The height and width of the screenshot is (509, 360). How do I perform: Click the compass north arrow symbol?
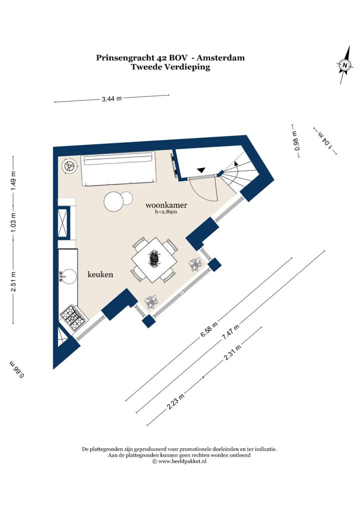coord(344,65)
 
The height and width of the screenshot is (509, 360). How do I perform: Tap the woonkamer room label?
coord(166,205)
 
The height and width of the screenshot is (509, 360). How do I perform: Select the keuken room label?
coord(100,274)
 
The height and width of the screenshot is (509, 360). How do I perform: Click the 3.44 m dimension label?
coord(111,98)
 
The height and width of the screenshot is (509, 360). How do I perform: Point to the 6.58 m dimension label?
coord(208,330)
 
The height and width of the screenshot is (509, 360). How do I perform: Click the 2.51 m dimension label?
coord(13,282)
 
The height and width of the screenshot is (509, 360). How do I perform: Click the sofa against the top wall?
coord(118,170)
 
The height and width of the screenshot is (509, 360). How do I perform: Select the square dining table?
coord(154,260)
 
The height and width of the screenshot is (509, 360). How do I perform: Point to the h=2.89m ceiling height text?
coord(166,212)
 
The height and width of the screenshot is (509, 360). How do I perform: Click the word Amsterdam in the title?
coord(220,58)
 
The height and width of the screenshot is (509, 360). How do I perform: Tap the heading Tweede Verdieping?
coord(170,67)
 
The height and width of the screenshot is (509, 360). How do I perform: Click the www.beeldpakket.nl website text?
coord(182,461)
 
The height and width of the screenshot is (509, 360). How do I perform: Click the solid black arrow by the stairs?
coord(201,169)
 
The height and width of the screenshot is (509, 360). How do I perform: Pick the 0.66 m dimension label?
coord(17,369)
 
